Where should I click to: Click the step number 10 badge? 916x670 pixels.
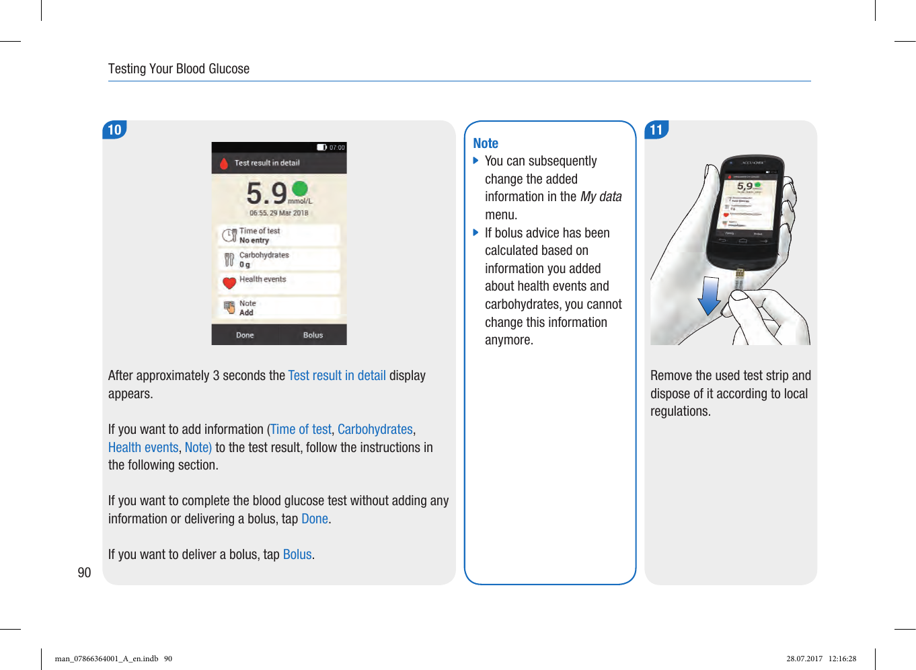115,130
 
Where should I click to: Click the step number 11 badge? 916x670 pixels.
656,130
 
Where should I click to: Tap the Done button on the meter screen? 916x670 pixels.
245,335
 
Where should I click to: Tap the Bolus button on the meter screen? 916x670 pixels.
313,335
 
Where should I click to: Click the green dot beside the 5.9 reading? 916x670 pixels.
300,189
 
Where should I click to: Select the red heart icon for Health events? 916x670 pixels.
229,283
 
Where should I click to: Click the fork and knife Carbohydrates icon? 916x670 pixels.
229,259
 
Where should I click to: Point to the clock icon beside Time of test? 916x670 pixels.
229,235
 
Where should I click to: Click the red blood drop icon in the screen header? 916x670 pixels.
224,163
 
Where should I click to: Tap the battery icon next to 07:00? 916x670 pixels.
321,147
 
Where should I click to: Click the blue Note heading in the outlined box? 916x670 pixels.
486,143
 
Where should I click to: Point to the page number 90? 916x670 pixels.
84,572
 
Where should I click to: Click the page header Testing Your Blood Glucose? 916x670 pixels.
179,69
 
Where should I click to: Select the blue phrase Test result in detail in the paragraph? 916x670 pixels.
337,375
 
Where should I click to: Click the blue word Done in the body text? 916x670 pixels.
315,519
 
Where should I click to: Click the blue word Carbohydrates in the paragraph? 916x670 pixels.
375,429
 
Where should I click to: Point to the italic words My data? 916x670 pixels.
601,196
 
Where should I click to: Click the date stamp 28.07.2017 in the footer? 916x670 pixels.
804,659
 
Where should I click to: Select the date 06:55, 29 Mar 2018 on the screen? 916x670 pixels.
279,213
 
